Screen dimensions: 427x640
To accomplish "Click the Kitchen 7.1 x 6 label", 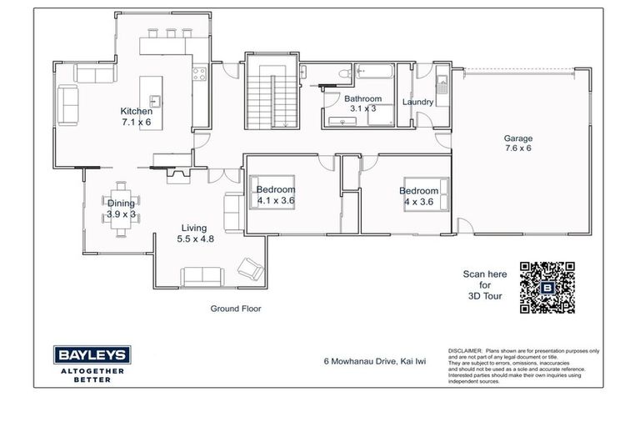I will click(136, 117).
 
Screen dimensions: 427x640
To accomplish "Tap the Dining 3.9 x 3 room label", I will click(121, 208).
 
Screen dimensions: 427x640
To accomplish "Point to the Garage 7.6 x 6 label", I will click(517, 143).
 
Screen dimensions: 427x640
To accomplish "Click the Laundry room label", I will click(417, 103).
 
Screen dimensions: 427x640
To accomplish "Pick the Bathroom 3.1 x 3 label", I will click(362, 103).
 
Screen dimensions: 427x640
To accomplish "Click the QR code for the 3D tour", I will click(547, 287).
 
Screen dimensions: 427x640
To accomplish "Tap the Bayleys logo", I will click(91, 355).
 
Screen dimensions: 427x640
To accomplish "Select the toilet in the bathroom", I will click(341, 77).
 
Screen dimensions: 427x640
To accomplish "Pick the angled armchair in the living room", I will click(249, 269).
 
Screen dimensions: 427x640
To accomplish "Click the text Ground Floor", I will click(236, 309).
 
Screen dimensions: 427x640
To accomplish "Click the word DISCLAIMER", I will click(463, 352).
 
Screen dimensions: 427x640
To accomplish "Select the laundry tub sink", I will click(442, 82).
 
